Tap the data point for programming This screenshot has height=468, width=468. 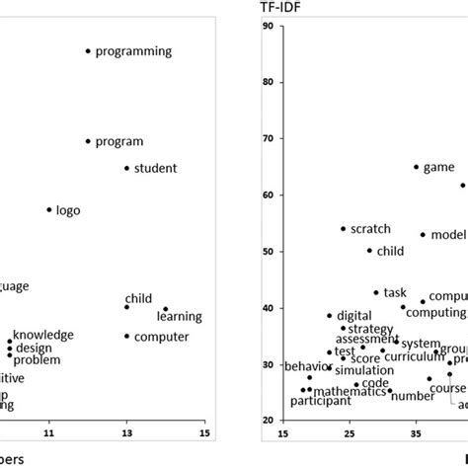click(88, 50)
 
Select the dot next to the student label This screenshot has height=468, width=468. click(126, 168)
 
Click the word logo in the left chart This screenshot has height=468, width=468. click(68, 210)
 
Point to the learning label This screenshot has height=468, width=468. click(179, 316)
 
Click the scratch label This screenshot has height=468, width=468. click(370, 228)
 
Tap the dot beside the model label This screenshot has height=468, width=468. click(423, 235)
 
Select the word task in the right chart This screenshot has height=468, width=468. click(395, 292)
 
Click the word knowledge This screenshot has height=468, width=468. click(42, 335)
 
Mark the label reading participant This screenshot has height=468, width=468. click(320, 401)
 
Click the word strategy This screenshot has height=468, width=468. click(371, 328)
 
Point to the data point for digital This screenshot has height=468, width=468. click(330, 316)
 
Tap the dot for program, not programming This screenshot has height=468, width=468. click(88, 141)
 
